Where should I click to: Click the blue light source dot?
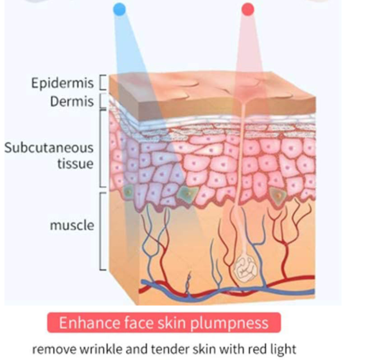pyautogui.click(x=119, y=9)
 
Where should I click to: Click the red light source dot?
pyautogui.click(x=247, y=9)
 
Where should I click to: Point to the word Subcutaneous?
pyautogui.click(x=49, y=148)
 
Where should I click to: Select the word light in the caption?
pyautogui.click(x=281, y=349)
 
